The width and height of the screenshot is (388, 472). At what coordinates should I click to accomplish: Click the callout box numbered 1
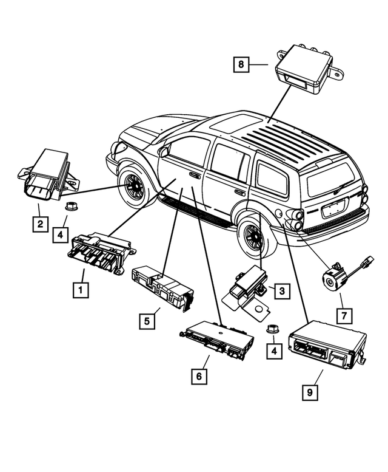(79, 290)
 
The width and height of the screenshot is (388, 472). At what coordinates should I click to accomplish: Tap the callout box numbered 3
(281, 291)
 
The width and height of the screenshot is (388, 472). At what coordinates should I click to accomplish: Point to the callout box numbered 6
(198, 376)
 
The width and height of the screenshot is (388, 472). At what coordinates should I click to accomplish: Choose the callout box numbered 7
(343, 315)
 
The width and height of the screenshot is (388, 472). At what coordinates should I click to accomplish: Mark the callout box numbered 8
(241, 64)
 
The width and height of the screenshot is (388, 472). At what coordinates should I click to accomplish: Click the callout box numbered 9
(309, 392)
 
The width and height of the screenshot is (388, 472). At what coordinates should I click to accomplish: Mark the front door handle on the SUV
(195, 175)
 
